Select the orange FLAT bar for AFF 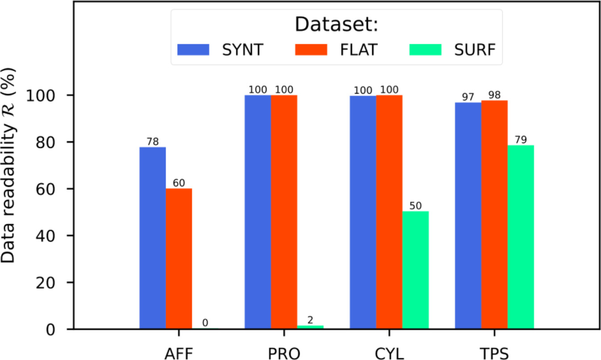point(179,259)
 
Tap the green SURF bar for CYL point(415,270)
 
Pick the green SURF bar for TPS point(521,237)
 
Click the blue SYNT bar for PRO point(258,212)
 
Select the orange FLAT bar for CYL point(389,212)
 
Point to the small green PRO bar point(310,327)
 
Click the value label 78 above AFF point(152,142)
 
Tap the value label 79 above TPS point(521,140)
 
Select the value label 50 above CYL point(415,206)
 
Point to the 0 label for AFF point(205,323)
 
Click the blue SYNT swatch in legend point(193,49)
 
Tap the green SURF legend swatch point(425,49)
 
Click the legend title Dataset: point(336,25)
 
